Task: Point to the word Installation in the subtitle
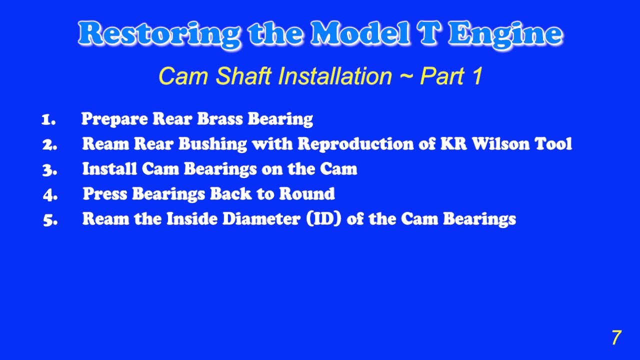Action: [x=335, y=76]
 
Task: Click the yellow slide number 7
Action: [x=616, y=338]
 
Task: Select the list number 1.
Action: [x=48, y=119]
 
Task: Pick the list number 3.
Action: [x=49, y=169]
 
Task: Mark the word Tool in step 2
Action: [x=553, y=144]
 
